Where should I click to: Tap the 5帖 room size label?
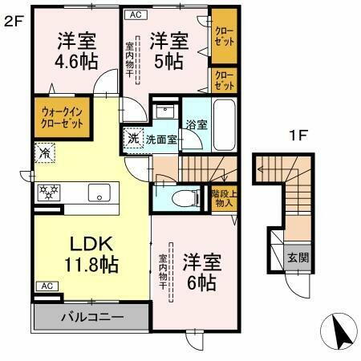168,60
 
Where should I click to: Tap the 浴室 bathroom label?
196,125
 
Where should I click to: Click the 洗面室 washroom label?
161,140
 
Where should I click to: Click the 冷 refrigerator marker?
43,150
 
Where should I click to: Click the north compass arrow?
338,331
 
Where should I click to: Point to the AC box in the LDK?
46,286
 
